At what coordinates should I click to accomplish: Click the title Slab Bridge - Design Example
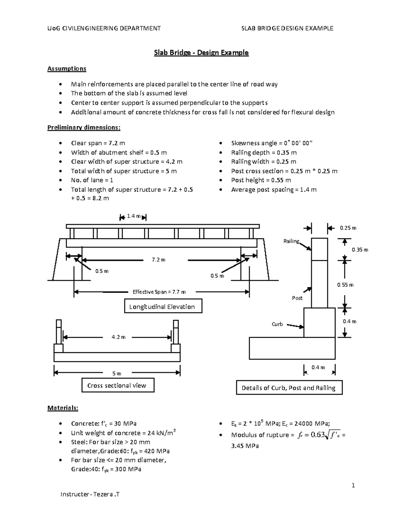201,53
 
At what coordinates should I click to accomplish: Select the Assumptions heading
66,69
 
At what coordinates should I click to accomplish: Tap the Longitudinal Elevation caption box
163,307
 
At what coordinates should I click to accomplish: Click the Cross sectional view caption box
118,386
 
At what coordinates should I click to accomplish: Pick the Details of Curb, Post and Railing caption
289,388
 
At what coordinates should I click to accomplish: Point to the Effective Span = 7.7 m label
159,292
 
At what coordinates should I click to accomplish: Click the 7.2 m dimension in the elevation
159,260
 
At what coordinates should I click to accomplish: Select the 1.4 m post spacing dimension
133,216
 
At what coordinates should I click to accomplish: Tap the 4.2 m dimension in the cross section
118,337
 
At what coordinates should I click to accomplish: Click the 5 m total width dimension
117,373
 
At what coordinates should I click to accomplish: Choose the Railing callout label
291,241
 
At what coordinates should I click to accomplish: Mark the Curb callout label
277,324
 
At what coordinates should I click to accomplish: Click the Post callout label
297,298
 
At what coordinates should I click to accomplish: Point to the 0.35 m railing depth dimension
360,250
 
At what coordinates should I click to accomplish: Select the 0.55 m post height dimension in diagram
345,285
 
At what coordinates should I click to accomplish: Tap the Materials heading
62,408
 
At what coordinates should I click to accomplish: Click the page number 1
353,485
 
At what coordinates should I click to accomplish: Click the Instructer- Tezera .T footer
90,494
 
